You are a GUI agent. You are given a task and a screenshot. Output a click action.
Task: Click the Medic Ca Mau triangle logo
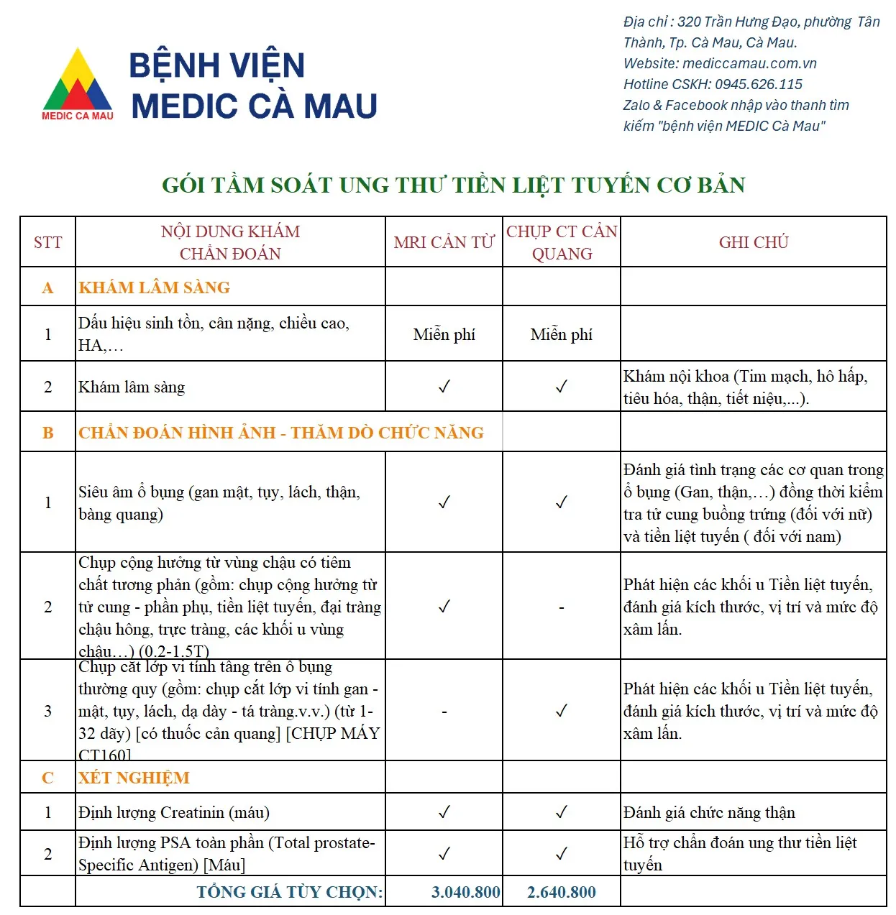point(78,83)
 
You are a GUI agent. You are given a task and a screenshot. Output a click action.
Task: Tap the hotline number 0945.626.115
point(759,84)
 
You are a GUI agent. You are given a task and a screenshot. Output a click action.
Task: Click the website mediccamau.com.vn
point(749,63)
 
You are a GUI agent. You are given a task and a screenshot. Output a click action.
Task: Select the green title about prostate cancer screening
point(453,185)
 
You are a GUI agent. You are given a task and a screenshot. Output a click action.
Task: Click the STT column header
point(48,242)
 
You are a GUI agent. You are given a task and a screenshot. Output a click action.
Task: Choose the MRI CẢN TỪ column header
point(444,242)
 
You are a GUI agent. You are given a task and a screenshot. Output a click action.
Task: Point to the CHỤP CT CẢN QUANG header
point(562,242)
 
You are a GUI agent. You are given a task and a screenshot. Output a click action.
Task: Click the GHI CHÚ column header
point(754,242)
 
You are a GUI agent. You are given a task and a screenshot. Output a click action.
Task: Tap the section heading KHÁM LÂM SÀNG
point(155,288)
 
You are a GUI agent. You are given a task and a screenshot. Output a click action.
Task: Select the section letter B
point(48,433)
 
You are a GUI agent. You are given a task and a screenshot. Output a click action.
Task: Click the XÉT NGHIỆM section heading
point(134,778)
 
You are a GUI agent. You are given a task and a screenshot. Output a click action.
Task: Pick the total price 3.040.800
point(465,892)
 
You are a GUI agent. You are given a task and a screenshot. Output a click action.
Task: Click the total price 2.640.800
point(562,892)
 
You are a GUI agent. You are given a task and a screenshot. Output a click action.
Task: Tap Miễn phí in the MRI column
point(444,334)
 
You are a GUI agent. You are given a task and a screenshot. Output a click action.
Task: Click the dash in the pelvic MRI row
point(562,607)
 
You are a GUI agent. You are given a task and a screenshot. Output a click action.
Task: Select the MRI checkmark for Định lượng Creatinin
point(444,812)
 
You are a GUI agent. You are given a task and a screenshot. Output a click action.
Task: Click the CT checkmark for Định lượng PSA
point(562,854)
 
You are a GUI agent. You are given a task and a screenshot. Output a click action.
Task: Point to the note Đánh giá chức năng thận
point(709,812)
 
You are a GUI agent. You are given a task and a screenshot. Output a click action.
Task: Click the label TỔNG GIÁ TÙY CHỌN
point(290,892)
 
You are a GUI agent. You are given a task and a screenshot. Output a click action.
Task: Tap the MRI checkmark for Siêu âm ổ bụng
point(444,502)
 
